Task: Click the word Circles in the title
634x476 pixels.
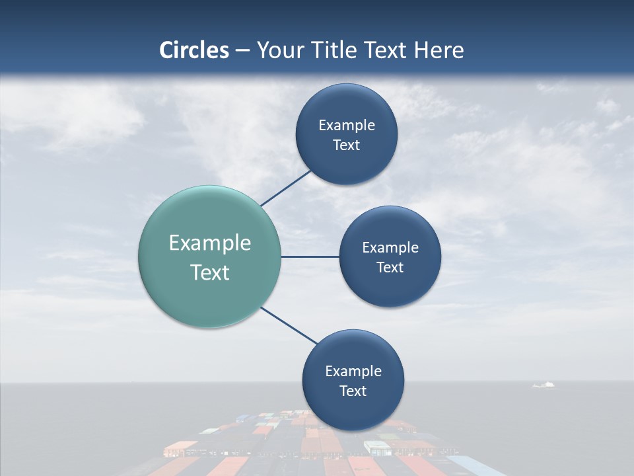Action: click(x=194, y=50)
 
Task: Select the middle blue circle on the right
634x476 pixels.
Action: click(x=390, y=291)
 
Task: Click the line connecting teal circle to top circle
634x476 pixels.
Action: click(x=287, y=188)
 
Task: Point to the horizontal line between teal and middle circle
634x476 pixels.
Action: click(x=310, y=257)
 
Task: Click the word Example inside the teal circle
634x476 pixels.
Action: click(x=209, y=243)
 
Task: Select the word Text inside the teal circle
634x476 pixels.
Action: click(x=209, y=272)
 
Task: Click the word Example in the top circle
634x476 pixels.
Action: click(x=346, y=125)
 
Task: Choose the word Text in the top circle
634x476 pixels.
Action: click(x=346, y=145)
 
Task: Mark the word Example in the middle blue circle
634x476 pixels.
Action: click(x=390, y=247)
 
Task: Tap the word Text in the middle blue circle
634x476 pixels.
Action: click(x=390, y=267)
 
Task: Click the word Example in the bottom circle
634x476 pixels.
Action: click(x=353, y=371)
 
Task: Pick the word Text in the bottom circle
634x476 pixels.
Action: click(x=353, y=391)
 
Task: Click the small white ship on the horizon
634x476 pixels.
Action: click(x=544, y=384)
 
